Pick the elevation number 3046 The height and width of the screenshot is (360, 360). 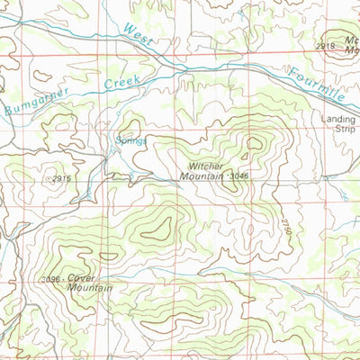pyautogui.click(x=238, y=175)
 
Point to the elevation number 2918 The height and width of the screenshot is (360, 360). pyautogui.click(x=325, y=45)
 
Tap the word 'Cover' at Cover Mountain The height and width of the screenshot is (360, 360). pyautogui.click(x=81, y=278)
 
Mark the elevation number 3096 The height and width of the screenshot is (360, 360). pyautogui.click(x=50, y=280)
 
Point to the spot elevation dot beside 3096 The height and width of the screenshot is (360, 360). pyautogui.click(x=64, y=280)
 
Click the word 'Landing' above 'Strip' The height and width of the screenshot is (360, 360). pyautogui.click(x=339, y=118)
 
